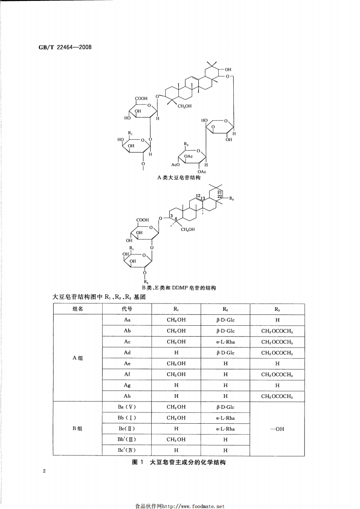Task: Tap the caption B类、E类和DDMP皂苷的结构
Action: (x=179, y=288)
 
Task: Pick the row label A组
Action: (x=77, y=358)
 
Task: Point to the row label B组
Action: (x=77, y=428)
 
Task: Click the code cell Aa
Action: (x=127, y=320)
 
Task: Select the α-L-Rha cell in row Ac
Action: (x=226, y=342)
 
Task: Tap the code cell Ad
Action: (x=127, y=352)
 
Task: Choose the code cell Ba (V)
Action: (x=127, y=407)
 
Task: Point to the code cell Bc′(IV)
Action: (x=127, y=450)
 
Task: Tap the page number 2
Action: (x=44, y=471)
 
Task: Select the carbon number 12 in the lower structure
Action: (x=198, y=196)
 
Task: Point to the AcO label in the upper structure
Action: (x=175, y=165)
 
